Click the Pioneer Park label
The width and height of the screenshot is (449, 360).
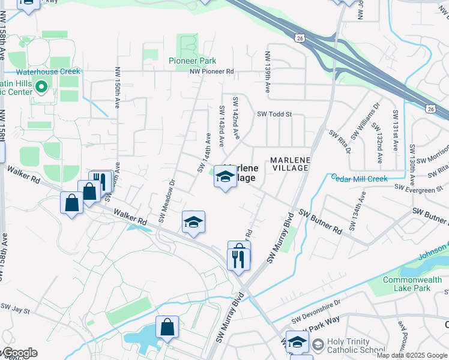192,61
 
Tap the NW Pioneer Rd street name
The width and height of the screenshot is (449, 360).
211,71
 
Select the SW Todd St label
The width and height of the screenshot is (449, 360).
274,114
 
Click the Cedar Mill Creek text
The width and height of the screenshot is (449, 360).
359,178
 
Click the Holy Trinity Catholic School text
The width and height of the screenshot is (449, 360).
356,345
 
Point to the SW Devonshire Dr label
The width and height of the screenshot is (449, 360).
316,318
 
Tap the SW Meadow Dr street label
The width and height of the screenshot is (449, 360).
166,200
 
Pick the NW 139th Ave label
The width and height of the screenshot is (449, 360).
268,74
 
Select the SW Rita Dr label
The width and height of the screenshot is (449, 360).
339,141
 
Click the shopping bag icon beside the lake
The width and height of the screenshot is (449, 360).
167,327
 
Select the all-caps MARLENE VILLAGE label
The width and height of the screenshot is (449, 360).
290,164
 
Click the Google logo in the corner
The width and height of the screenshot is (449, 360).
19,353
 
